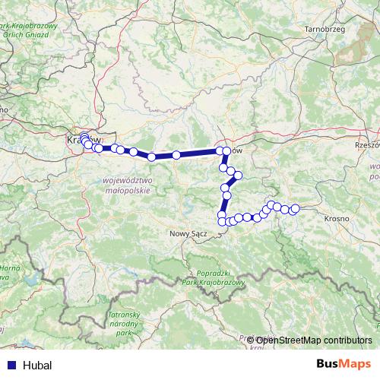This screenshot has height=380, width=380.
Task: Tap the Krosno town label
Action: [334, 218]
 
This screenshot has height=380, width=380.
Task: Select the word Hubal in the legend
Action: [38, 365]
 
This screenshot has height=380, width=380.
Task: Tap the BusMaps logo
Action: [344, 365]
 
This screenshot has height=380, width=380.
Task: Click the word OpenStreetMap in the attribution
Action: [288, 340]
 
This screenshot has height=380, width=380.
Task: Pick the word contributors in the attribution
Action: [347, 340]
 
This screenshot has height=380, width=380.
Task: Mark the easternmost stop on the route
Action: [295, 208]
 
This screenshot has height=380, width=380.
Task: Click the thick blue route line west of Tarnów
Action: [190, 154]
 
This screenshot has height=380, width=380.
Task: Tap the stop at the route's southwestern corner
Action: [222, 222]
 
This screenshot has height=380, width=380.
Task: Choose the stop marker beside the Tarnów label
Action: [226, 151]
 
